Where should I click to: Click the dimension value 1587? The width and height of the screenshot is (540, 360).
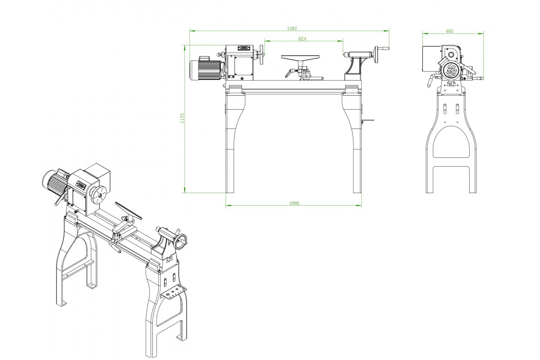pyautogui.click(x=292, y=28)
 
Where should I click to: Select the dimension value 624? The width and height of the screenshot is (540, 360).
pyautogui.click(x=302, y=39)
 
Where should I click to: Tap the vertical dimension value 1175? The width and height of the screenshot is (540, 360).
pyautogui.click(x=182, y=118)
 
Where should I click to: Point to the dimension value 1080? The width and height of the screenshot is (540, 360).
pyautogui.click(x=294, y=203)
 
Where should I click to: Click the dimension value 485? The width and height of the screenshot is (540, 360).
pyautogui.click(x=449, y=31)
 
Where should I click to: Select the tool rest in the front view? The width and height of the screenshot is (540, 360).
pyautogui.click(x=301, y=58)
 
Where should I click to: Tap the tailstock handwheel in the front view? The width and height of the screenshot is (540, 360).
pyautogui.click(x=377, y=55)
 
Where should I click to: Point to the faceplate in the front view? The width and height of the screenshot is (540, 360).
pyautogui.click(x=262, y=55)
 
